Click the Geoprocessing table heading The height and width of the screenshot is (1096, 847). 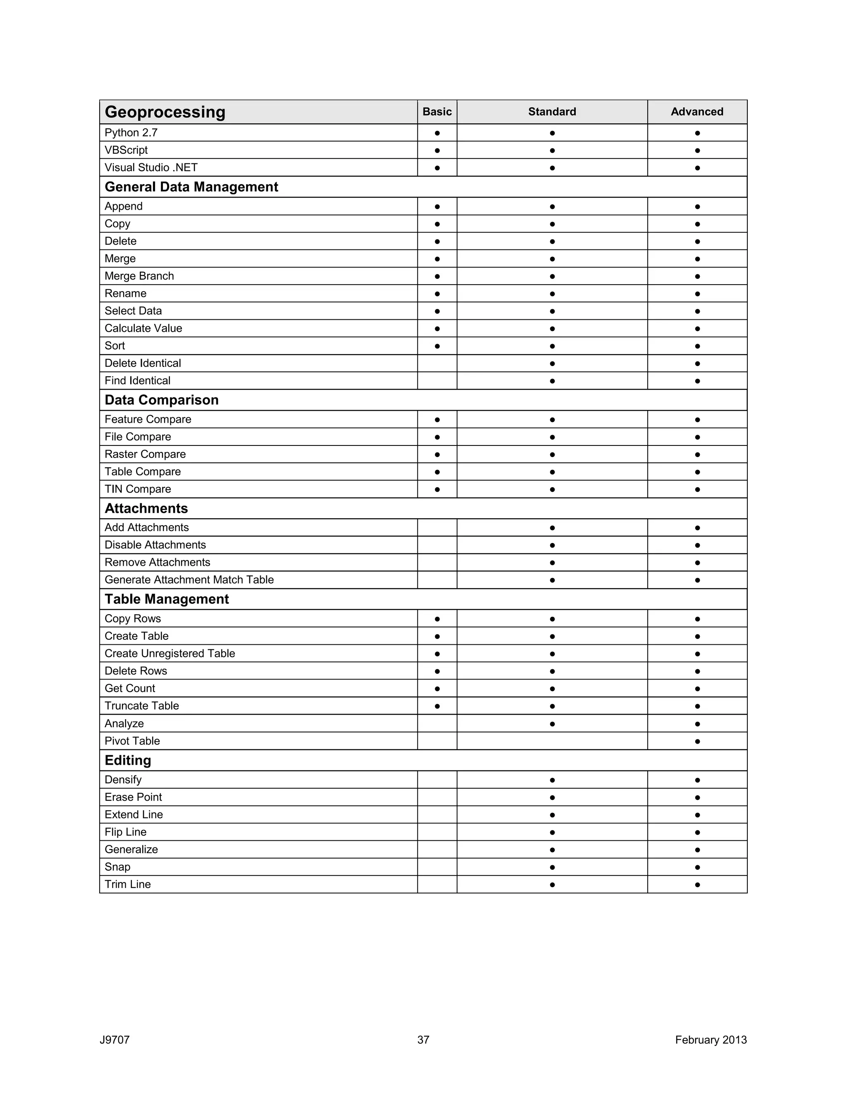point(165,112)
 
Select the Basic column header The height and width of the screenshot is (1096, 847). point(437,112)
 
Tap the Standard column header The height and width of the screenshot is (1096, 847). point(552,112)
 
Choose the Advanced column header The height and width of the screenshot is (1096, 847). point(696,112)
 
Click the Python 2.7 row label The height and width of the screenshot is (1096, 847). point(131,133)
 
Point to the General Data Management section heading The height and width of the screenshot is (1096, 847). point(191,187)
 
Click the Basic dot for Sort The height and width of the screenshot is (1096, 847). point(437,346)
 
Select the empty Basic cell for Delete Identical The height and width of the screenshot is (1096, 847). point(437,363)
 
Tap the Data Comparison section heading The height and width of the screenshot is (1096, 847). point(162,400)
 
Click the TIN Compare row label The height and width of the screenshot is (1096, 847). point(137,489)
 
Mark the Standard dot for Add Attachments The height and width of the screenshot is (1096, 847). point(552,528)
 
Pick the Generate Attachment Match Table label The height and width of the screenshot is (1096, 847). point(189,580)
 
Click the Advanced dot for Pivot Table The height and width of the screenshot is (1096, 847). point(697,742)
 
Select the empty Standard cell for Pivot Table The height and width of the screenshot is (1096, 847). point(552,741)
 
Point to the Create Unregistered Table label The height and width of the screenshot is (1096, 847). point(170,654)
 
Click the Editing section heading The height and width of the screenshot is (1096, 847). point(127,761)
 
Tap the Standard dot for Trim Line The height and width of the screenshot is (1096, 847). point(552,885)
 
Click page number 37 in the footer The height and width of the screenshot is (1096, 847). point(423,1040)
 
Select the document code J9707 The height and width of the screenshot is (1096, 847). point(115,1040)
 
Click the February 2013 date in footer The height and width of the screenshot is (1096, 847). point(711,1040)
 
